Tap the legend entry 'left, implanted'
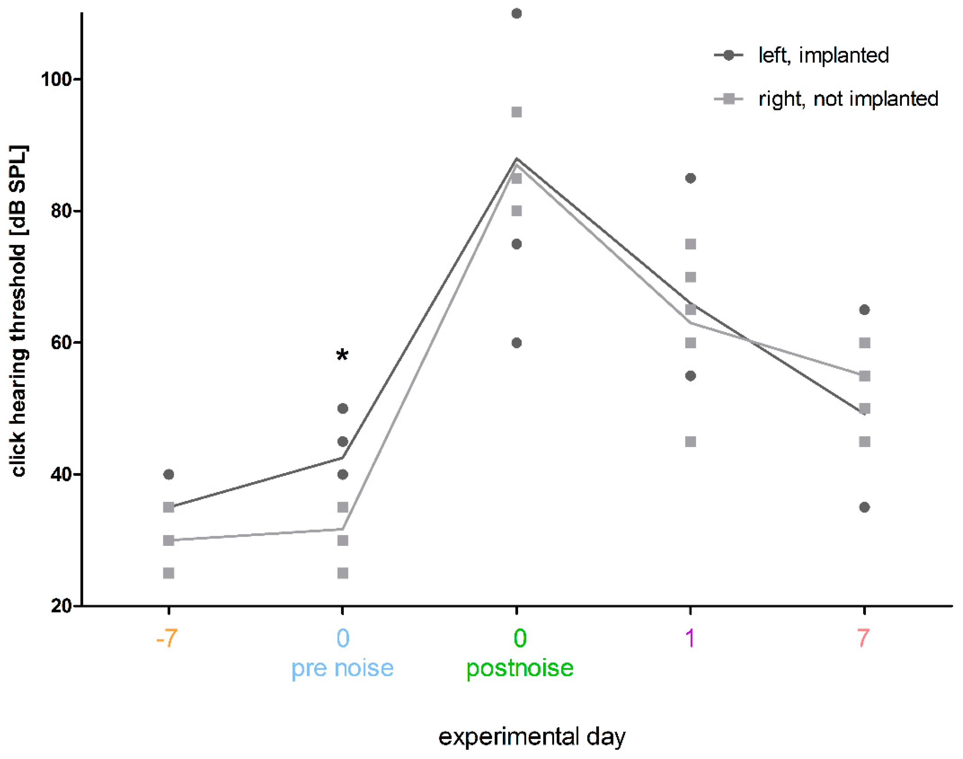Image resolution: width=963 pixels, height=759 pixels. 823,56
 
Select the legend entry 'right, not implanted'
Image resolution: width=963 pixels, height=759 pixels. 847,99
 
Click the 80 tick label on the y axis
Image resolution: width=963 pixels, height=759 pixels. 60,210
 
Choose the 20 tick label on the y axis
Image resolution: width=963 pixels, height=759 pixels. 60,606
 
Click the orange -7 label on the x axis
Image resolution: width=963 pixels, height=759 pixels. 167,639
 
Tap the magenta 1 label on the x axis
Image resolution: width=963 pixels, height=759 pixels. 690,639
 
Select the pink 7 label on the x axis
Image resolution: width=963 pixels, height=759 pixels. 863,639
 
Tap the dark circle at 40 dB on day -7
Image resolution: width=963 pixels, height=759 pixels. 169,474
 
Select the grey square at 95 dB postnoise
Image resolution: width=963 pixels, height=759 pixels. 516,112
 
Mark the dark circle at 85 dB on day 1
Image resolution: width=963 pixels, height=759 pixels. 690,178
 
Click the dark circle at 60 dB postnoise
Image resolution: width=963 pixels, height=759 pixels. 516,343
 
